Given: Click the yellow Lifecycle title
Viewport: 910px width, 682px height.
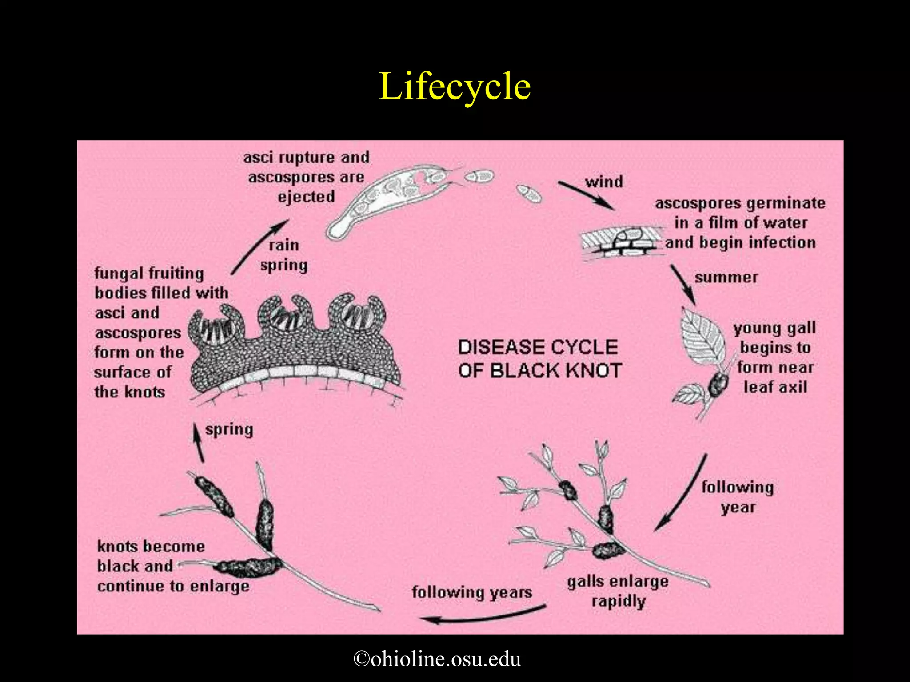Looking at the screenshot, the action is pos(455,87).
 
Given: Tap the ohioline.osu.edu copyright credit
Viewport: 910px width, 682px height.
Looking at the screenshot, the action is pos(437,658).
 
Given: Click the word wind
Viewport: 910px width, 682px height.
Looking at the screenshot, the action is pos(604,182).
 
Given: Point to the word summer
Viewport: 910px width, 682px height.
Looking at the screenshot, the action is pos(726,278).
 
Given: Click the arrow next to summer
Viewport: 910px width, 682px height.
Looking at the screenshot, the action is pos(683,284).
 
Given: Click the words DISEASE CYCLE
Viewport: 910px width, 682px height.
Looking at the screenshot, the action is pos(538,347).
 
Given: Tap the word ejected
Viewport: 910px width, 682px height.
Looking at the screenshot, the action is pos(306,197).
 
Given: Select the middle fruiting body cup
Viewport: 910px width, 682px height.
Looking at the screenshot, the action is pos(285,314).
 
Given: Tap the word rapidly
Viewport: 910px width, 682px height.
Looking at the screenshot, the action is pos(619,602).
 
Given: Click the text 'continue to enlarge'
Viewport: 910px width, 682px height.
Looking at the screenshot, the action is pos(173,587).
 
